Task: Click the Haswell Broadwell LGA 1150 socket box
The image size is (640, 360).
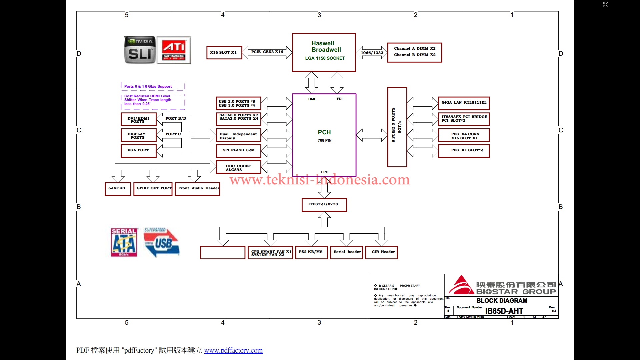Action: pyautogui.click(x=324, y=52)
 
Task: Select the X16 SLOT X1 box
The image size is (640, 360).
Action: pyautogui.click(x=224, y=53)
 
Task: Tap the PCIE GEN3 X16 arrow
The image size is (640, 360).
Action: pyautogui.click(x=267, y=52)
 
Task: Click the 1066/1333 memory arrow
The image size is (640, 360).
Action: pyautogui.click(x=372, y=53)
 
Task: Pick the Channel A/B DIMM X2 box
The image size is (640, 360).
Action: pyautogui.click(x=414, y=52)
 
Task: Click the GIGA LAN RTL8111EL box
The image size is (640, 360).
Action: pyautogui.click(x=464, y=103)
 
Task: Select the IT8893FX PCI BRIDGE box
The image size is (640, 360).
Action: pyautogui.click(x=464, y=119)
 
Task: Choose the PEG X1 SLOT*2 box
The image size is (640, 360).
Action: pyautogui.click(x=464, y=151)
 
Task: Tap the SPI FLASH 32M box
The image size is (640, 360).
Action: pyautogui.click(x=238, y=151)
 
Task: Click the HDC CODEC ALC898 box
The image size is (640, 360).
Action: pyautogui.click(x=238, y=167)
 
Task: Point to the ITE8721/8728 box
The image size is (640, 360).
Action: pyautogui.click(x=324, y=205)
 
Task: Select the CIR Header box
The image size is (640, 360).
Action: pyautogui.click(x=381, y=252)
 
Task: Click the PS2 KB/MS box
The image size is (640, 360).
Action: pyautogui.click(x=311, y=252)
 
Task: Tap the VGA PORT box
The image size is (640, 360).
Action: pyautogui.click(x=138, y=151)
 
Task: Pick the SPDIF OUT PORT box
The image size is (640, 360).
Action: pyautogui.click(x=153, y=189)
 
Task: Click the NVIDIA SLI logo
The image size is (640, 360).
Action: pyautogui.click(x=140, y=50)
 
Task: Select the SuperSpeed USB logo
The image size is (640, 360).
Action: pyautogui.click(x=161, y=242)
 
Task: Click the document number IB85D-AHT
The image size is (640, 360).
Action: pyautogui.click(x=504, y=311)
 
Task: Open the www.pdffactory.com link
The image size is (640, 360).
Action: pyautogui.click(x=233, y=351)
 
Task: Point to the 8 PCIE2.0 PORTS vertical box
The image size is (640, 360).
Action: pyautogui.click(x=397, y=127)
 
